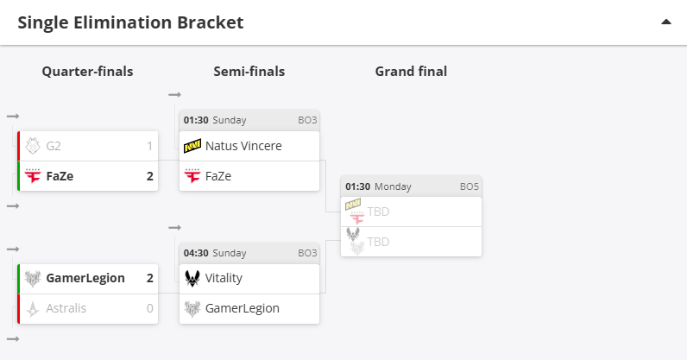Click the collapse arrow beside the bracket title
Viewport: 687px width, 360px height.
click(666, 22)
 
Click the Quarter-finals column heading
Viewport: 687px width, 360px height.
click(88, 72)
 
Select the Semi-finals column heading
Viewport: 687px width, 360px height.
click(249, 72)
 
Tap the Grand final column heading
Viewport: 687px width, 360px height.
click(411, 72)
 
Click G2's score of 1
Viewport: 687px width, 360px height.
click(150, 146)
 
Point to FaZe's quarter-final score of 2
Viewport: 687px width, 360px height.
click(150, 176)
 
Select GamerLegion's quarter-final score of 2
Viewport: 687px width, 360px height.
click(150, 278)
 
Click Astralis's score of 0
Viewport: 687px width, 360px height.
click(150, 308)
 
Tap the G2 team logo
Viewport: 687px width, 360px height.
click(33, 146)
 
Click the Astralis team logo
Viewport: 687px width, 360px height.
click(33, 308)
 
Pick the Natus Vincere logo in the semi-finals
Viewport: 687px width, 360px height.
click(192, 146)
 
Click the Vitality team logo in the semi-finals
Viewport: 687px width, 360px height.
click(192, 278)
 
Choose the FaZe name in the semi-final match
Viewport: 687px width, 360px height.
click(218, 176)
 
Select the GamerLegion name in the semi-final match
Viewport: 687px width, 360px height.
click(243, 309)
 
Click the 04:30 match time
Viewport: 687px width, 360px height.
click(196, 253)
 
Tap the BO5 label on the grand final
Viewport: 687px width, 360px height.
click(470, 186)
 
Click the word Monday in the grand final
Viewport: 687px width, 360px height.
click(393, 186)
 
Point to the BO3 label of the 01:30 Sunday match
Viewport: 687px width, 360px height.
click(307, 120)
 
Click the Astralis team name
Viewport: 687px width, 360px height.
click(66, 308)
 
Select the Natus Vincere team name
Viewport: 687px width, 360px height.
click(243, 146)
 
